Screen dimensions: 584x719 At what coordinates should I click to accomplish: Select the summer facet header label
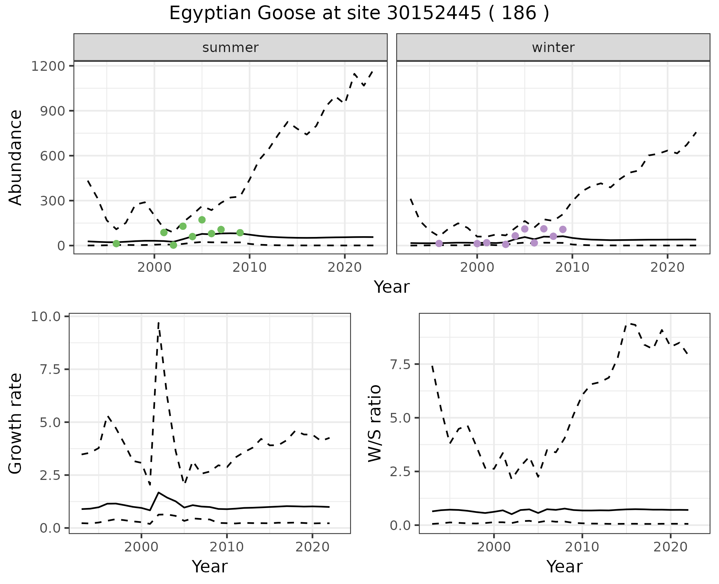pyautogui.click(x=230, y=48)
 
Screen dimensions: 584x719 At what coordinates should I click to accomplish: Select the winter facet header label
pyautogui.click(x=553, y=48)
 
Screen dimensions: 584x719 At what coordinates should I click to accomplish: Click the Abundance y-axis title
pyautogui.click(x=16, y=157)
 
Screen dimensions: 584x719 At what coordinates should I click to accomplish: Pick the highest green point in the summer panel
pyautogui.click(x=202, y=220)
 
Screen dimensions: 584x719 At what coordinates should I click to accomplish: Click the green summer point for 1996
pyautogui.click(x=116, y=244)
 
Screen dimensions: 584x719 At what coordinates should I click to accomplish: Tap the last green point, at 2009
pyautogui.click(x=240, y=233)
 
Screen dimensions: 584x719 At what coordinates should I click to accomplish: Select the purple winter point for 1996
pyautogui.click(x=439, y=243)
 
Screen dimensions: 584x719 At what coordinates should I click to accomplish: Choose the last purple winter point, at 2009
pyautogui.click(x=562, y=229)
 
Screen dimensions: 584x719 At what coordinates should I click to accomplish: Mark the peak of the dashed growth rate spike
pyautogui.click(x=158, y=322)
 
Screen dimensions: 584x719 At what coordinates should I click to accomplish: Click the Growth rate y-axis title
pyautogui.click(x=16, y=424)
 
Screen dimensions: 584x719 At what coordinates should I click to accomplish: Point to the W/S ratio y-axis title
pyautogui.click(x=374, y=423)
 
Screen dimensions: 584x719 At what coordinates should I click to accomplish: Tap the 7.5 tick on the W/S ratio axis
pyautogui.click(x=400, y=364)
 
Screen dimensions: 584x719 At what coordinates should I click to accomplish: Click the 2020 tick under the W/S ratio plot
pyautogui.click(x=670, y=547)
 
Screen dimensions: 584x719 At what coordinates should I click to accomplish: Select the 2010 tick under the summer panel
pyautogui.click(x=249, y=268)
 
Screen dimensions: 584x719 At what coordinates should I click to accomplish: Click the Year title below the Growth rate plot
pyautogui.click(x=209, y=566)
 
